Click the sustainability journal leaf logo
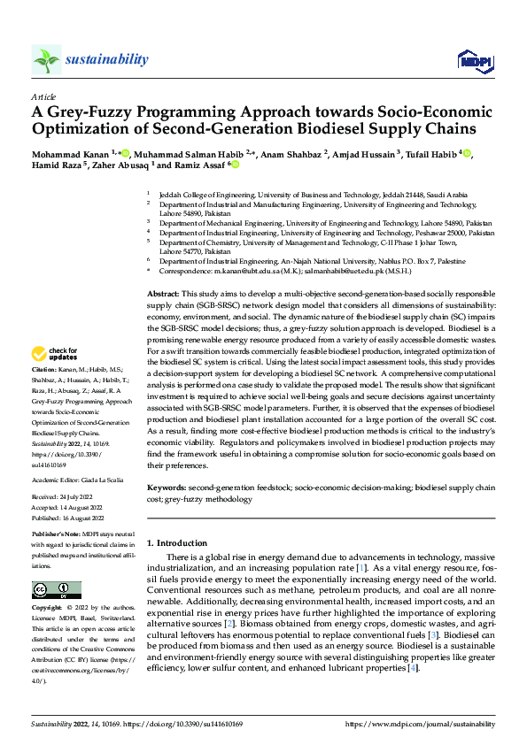(46, 60)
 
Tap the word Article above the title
(43, 96)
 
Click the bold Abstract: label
(163, 293)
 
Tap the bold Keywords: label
(167, 488)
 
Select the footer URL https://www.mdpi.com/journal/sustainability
(418, 724)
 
